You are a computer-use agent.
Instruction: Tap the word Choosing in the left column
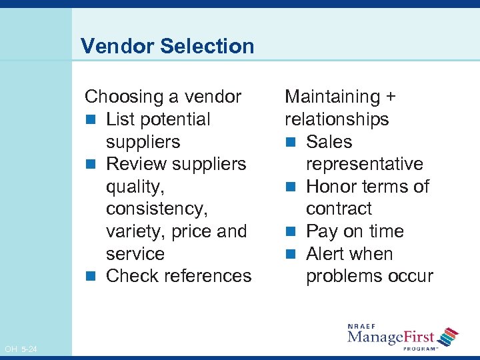[x=125, y=97]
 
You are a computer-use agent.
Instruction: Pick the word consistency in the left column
[x=157, y=209]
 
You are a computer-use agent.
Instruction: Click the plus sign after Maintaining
[x=391, y=97]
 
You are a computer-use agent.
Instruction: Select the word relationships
[x=337, y=120]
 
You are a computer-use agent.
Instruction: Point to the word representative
[x=364, y=165]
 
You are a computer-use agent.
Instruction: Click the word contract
[x=339, y=209]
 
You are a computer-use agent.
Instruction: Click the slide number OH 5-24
[x=21, y=349]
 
